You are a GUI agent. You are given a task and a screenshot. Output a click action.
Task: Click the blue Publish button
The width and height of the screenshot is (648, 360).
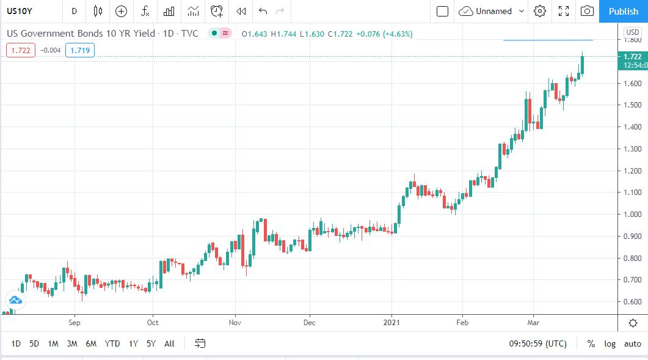tap(623, 11)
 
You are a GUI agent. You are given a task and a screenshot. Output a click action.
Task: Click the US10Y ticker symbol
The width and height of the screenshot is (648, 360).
tap(20, 11)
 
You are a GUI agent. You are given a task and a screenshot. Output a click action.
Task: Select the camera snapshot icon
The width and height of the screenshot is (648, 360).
tap(587, 11)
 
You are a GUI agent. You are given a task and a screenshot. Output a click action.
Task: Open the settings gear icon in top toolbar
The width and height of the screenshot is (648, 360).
tap(539, 11)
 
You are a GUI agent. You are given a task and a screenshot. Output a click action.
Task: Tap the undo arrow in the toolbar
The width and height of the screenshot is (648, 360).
tap(263, 11)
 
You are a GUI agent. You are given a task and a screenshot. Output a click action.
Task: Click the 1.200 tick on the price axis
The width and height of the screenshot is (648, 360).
tap(632, 171)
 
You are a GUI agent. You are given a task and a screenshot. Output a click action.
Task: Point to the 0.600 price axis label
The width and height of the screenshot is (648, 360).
tap(632, 302)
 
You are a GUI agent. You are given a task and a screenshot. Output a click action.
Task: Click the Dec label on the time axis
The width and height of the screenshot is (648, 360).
tap(310, 322)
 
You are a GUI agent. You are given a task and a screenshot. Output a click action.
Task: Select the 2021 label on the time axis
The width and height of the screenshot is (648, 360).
tap(391, 322)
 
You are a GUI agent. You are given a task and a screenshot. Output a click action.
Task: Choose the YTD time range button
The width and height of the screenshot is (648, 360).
tap(112, 343)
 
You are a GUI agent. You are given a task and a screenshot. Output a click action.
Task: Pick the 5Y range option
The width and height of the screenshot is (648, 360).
tap(151, 343)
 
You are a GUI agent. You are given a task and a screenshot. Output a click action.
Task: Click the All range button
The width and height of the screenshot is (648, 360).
tap(169, 343)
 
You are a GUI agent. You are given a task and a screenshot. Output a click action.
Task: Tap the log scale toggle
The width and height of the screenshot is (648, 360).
tap(610, 343)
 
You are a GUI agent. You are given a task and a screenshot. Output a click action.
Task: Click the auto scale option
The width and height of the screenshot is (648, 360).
tap(632, 343)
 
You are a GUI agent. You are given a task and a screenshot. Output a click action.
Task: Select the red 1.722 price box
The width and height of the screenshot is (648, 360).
tap(21, 50)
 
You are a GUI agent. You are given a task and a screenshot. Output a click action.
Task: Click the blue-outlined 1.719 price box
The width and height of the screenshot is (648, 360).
tap(81, 50)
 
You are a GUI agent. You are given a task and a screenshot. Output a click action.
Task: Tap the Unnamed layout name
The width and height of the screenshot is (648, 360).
tap(493, 11)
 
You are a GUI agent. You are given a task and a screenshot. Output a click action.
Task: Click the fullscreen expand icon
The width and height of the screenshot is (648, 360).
tap(564, 11)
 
